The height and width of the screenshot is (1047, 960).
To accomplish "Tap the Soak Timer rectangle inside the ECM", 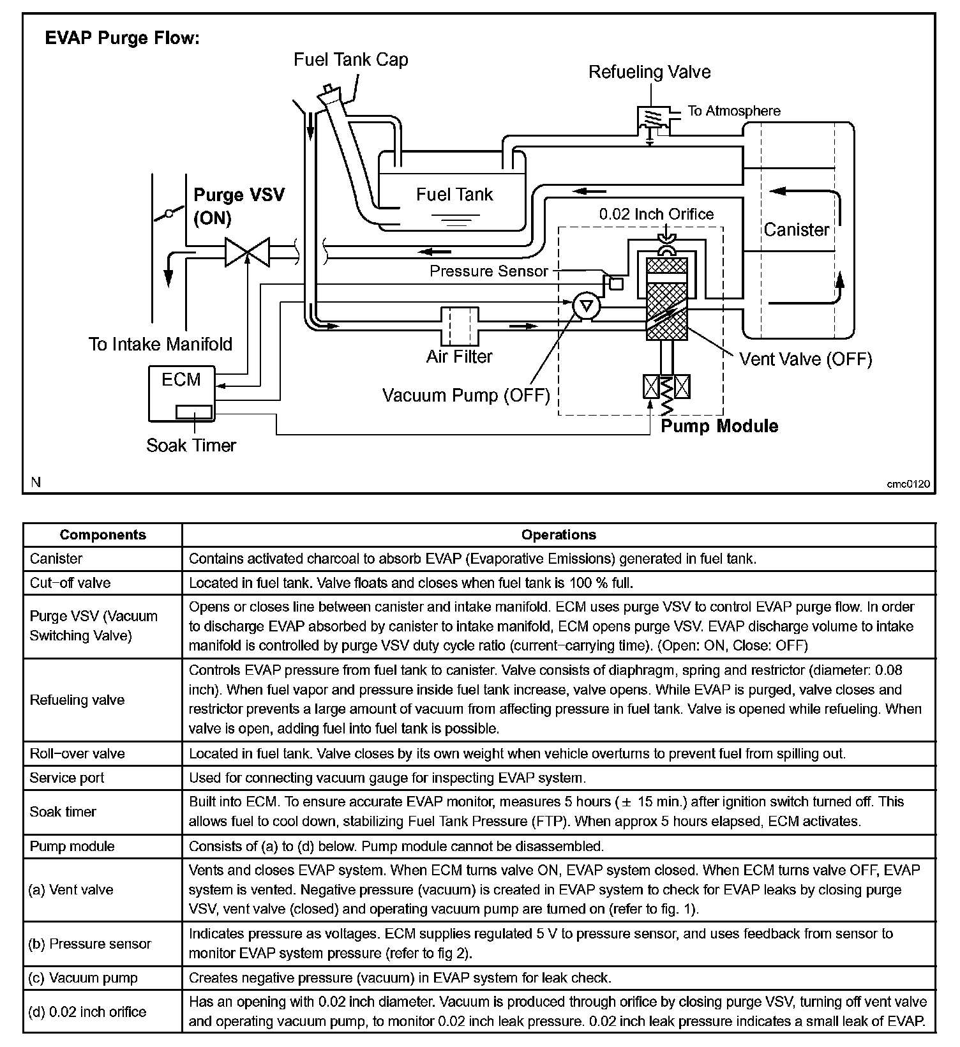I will pyautogui.click(x=193, y=412).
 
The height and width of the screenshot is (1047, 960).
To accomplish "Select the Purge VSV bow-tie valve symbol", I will pyautogui.click(x=247, y=252).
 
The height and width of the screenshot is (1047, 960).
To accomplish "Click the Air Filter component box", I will pyautogui.click(x=460, y=326).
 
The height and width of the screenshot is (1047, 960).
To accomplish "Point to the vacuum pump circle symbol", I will pyautogui.click(x=586, y=306).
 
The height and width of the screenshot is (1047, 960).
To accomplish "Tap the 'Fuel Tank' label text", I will pyautogui.click(x=454, y=194).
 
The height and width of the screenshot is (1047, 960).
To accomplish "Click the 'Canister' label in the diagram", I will pyautogui.click(x=796, y=230).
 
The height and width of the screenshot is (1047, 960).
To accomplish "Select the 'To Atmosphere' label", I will pyautogui.click(x=733, y=111).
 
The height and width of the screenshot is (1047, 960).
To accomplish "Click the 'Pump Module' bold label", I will pyautogui.click(x=719, y=426).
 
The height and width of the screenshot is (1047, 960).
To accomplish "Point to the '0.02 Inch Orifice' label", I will pyautogui.click(x=656, y=214).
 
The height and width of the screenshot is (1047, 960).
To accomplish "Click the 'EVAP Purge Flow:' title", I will pyautogui.click(x=123, y=38).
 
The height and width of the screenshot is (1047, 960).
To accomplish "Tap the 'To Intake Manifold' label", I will pyautogui.click(x=160, y=345).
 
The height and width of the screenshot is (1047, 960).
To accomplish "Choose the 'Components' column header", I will pyautogui.click(x=103, y=535).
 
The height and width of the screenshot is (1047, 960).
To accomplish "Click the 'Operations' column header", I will pyautogui.click(x=559, y=535).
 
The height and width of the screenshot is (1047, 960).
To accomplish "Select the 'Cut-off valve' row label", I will pyautogui.click(x=70, y=583).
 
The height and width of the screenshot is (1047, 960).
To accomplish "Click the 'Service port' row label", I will pyautogui.click(x=67, y=778).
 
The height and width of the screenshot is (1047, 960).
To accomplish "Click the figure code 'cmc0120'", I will pyautogui.click(x=908, y=484).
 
